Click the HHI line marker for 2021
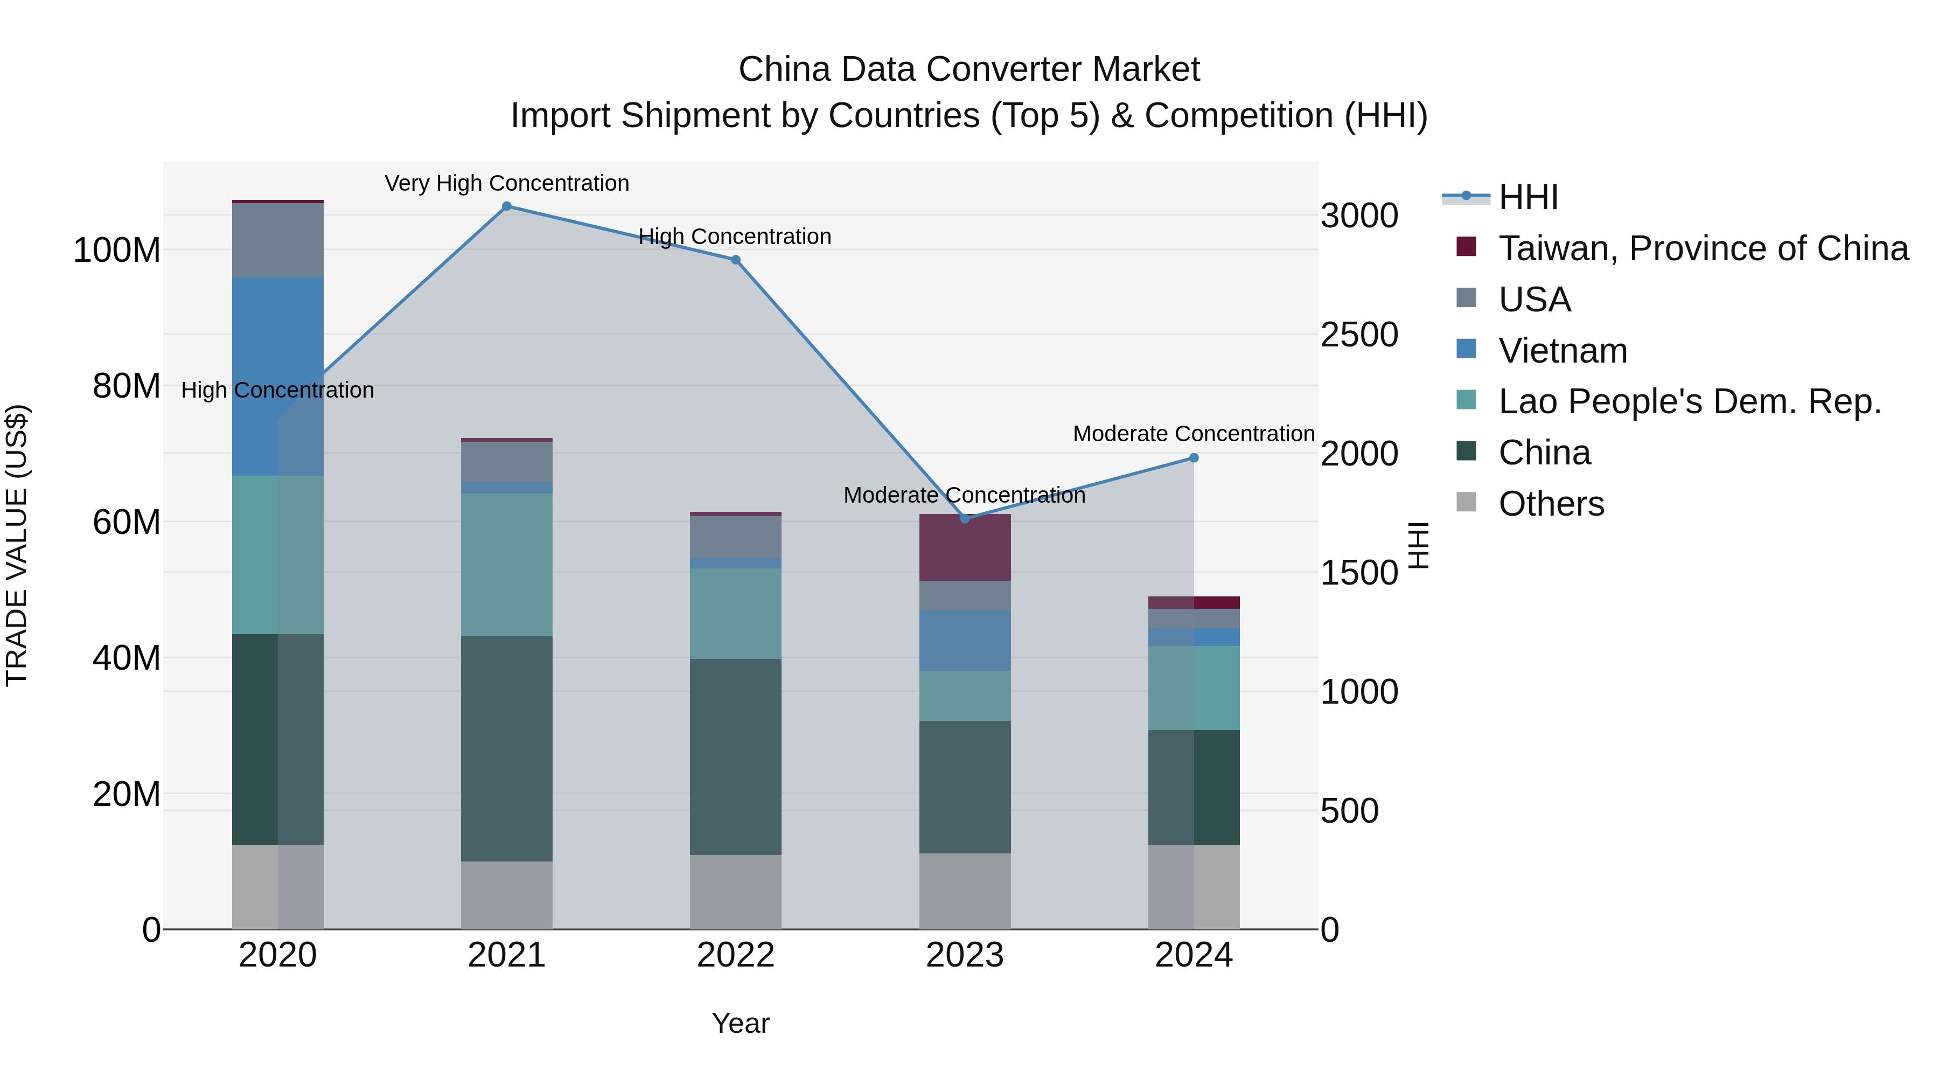click(507, 206)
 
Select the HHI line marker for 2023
click(965, 519)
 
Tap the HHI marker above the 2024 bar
click(1194, 458)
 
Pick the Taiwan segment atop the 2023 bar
click(965, 547)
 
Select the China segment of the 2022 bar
click(735, 757)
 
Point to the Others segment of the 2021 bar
click(507, 895)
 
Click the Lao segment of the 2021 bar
click(507, 565)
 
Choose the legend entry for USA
click(1534, 300)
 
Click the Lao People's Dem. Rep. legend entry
click(1689, 401)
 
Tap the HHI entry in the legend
click(1528, 197)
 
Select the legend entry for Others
click(1551, 504)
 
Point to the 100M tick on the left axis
click(117, 250)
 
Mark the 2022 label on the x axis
click(735, 955)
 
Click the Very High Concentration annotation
click(507, 183)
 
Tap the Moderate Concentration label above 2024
click(1194, 434)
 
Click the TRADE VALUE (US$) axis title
click(17, 545)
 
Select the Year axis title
click(741, 1023)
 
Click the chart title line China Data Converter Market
click(969, 70)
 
